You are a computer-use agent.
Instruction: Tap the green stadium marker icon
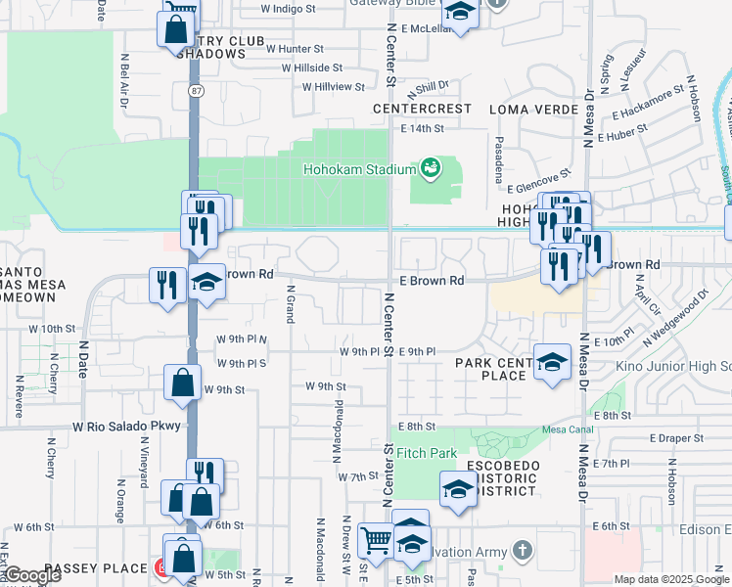pyautogui.click(x=430, y=169)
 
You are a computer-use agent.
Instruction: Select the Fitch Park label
pyautogui.click(x=427, y=454)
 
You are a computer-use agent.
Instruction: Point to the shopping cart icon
pyautogui.click(x=376, y=539)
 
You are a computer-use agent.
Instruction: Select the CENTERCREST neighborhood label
pyautogui.click(x=420, y=109)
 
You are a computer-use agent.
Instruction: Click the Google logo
pyautogui.click(x=31, y=575)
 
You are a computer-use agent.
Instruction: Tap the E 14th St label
pyautogui.click(x=423, y=128)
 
